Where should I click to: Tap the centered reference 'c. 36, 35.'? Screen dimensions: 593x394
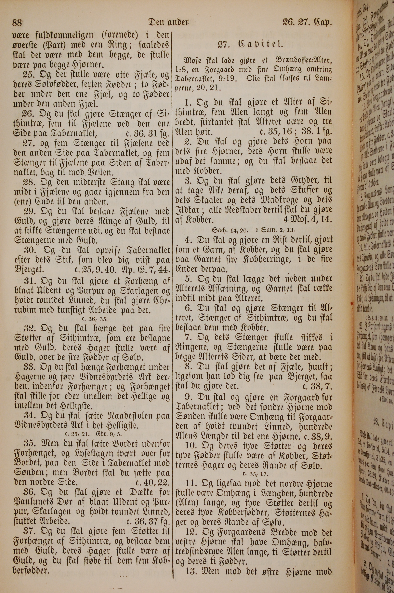pos(95,319)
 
